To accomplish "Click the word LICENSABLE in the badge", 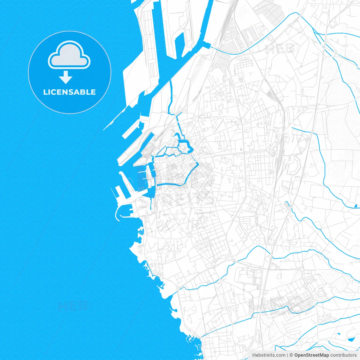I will pos(69,92).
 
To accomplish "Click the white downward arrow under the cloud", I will pos(66,77).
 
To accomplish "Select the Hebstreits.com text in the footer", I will pos(269,355).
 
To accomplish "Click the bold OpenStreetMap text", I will pos(311,355).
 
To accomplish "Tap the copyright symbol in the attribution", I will pos(291,355).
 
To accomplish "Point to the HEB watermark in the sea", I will pos(73,305).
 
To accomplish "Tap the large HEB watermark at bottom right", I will pos(277,305).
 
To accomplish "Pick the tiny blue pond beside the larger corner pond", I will pos(339,334).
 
